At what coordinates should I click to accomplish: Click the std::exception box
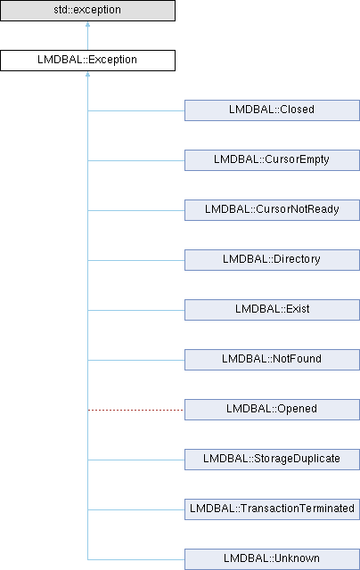point(87,10)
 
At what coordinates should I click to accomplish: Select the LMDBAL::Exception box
point(87,61)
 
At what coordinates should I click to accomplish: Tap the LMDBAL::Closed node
point(272,110)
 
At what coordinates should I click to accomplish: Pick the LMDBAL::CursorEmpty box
point(272,160)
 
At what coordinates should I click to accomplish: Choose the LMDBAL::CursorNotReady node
point(272,210)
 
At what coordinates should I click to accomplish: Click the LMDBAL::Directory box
point(272,259)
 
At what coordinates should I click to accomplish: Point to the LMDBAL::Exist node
point(272,310)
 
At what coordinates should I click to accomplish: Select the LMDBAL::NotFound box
point(272,360)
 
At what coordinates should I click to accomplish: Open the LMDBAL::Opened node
point(272,410)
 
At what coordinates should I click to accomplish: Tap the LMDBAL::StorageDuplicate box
point(272,460)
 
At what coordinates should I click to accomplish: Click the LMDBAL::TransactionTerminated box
point(272,509)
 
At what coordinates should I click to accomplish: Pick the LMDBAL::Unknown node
point(272,559)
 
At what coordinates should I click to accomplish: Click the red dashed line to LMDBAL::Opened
point(136,410)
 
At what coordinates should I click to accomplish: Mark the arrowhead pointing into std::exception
point(87,24)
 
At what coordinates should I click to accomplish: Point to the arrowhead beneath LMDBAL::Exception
point(87,74)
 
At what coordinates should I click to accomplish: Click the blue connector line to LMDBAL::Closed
point(136,110)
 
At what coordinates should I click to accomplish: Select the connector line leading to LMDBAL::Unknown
point(136,559)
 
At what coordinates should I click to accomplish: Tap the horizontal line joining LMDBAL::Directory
point(136,260)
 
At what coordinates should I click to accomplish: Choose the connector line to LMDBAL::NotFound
point(136,360)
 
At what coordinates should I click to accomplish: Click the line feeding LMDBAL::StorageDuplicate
point(136,460)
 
